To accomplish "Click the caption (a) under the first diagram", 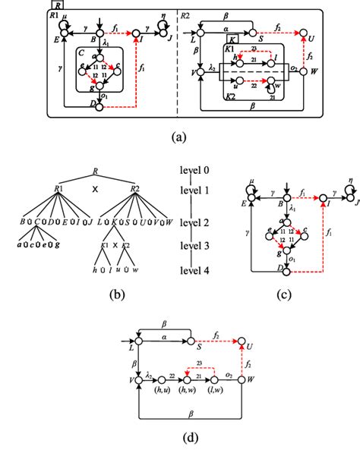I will click(x=179, y=139).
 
